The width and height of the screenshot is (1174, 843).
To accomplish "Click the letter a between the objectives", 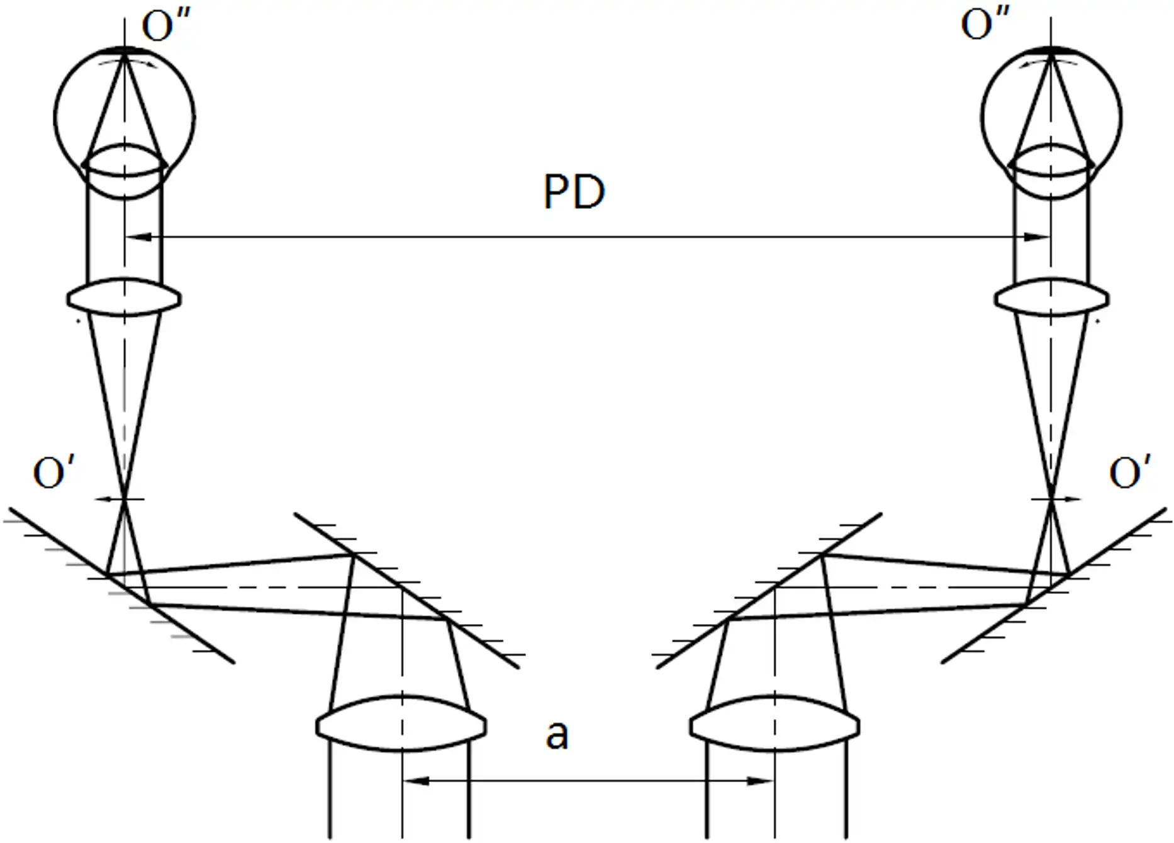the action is (557, 735).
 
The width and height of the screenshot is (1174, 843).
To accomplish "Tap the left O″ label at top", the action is (166, 26).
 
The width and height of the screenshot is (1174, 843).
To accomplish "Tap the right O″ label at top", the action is (985, 26).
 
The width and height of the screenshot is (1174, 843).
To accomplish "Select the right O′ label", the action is (1131, 472).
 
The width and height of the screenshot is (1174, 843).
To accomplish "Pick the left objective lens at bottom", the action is (401, 723).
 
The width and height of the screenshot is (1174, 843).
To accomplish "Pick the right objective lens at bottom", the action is (774, 723).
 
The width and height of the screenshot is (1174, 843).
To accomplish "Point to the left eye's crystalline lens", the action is (125, 171).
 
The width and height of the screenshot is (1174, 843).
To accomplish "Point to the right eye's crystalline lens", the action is (1051, 171).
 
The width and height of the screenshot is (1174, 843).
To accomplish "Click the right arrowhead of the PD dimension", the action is (1037, 237).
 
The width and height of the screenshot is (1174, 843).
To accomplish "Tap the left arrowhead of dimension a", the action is (416, 781).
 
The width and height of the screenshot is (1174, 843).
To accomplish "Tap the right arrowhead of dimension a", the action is (760, 781).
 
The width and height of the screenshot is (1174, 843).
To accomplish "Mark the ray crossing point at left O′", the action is (125, 499).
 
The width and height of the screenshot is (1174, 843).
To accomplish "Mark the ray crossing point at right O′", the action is (1051, 499).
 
